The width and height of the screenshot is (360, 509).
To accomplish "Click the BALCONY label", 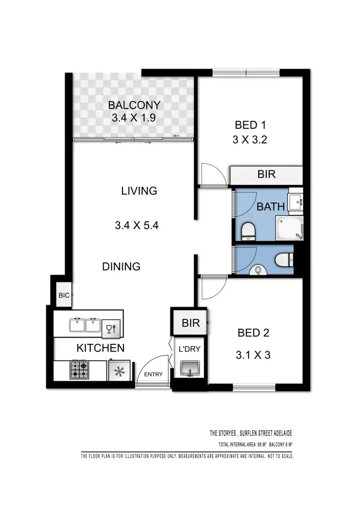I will [x=134, y=105].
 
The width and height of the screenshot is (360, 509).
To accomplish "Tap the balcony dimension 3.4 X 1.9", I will [x=134, y=118].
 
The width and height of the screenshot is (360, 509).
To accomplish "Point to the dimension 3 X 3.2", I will [x=251, y=141].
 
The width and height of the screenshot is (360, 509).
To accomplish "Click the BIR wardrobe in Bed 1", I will [x=266, y=174].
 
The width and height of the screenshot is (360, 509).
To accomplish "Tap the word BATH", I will [x=271, y=207].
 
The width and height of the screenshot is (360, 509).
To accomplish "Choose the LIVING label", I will [x=139, y=191].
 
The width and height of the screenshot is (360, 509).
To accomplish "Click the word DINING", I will [x=121, y=266].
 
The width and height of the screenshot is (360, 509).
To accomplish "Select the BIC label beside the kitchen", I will [x=64, y=296].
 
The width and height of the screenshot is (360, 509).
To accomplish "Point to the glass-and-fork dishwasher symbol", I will [x=111, y=328].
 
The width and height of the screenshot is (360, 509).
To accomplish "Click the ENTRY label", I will [x=154, y=375].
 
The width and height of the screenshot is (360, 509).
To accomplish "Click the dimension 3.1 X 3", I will [x=253, y=356].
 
